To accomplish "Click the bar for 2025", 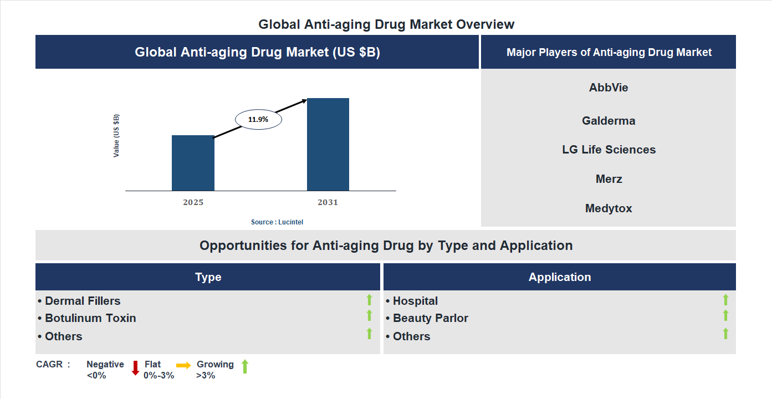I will pyautogui.click(x=193, y=163).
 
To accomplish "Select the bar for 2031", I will pyautogui.click(x=328, y=145).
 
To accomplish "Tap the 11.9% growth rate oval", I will pyautogui.click(x=258, y=119).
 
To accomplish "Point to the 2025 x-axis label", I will pyautogui.click(x=193, y=202).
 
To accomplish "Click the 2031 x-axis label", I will pyautogui.click(x=328, y=202).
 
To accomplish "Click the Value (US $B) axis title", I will pyautogui.click(x=116, y=136).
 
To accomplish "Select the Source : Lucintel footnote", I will pyautogui.click(x=277, y=222).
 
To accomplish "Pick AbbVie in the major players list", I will pyautogui.click(x=609, y=88).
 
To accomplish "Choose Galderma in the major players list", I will pyautogui.click(x=609, y=121).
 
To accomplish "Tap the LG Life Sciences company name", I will pyautogui.click(x=609, y=150).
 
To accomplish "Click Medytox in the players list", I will pyautogui.click(x=609, y=208).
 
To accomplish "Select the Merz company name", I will pyautogui.click(x=609, y=179).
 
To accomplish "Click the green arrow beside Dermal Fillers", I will pyautogui.click(x=369, y=300).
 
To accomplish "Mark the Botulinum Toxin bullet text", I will pyautogui.click(x=90, y=318).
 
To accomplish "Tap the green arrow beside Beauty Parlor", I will pyautogui.click(x=725, y=315).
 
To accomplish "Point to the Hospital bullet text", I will pyautogui.click(x=415, y=301).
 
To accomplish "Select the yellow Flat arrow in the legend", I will pyautogui.click(x=183, y=365).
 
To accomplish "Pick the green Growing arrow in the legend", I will pyautogui.click(x=245, y=366).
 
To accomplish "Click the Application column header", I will pyautogui.click(x=559, y=277).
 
